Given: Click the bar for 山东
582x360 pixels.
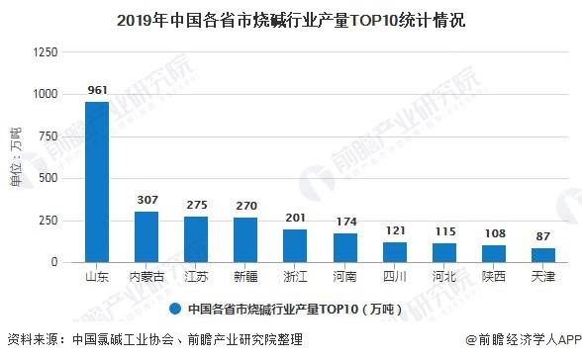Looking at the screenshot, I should pyautogui.click(x=97, y=182).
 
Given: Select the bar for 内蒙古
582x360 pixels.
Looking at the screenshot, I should pyautogui.click(x=146, y=237).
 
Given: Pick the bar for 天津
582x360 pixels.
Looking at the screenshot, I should pyautogui.click(x=542, y=255).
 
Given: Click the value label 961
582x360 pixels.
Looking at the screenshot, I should pyautogui.click(x=97, y=90).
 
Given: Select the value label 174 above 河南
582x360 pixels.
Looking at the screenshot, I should pyautogui.click(x=344, y=222).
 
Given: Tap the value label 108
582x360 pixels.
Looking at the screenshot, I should pyautogui.click(x=493, y=233).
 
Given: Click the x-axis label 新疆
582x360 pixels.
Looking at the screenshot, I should pyautogui.click(x=245, y=277).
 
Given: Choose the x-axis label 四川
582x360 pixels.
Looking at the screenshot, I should pyautogui.click(x=394, y=277).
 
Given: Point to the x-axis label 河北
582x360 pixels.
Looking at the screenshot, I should pyautogui.click(x=443, y=277).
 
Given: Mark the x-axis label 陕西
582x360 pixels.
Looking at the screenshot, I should pyautogui.click(x=493, y=277).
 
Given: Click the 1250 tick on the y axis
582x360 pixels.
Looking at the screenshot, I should pyautogui.click(x=46, y=51).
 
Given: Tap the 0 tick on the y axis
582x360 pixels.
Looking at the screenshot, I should pyautogui.click(x=55, y=263).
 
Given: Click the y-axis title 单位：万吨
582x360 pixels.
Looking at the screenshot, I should pyautogui.click(x=14, y=158).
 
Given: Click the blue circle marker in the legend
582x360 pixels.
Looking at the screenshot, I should pyautogui.click(x=174, y=306).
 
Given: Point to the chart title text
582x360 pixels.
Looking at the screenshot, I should pyautogui.click(x=291, y=19).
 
